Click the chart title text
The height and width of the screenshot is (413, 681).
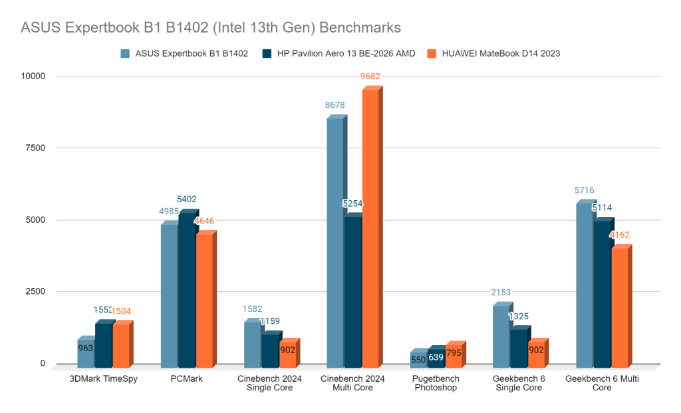pos(211,28)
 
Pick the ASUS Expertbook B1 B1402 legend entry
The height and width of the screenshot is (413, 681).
pos(184,54)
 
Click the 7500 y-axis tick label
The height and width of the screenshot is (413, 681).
pos(34,148)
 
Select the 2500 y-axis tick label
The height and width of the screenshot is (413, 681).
pos(34,292)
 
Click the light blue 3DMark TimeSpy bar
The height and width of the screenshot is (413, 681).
pos(86,352)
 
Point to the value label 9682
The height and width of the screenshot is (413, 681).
pos(371,76)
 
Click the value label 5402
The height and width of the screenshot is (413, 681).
pos(186,199)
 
